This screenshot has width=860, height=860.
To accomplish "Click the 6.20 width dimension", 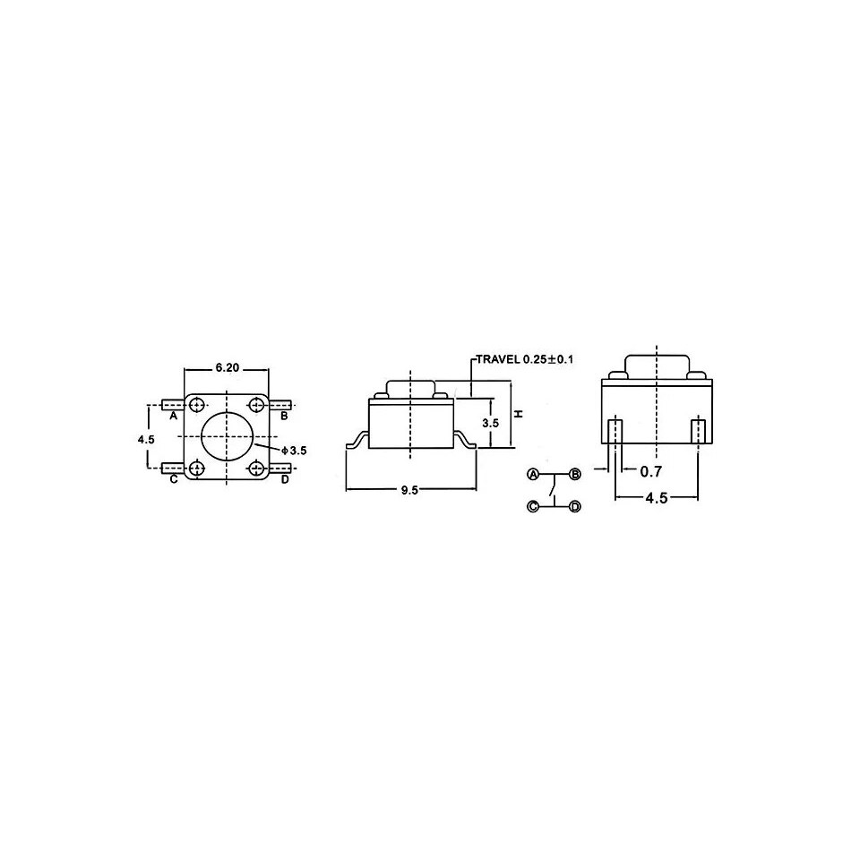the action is coord(227,367).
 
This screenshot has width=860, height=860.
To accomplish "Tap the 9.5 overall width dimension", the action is coord(409,490).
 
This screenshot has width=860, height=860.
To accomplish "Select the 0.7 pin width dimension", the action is coord(651,470).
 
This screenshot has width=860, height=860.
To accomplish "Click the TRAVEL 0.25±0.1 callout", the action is coord(524,360).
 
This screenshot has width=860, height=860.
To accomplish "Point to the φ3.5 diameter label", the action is coord(294,451).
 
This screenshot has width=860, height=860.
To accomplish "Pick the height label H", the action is coord(520,414).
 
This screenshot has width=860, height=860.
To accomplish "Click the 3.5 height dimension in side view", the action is coord(490,424).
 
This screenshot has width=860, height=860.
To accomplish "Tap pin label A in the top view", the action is coord(173,416).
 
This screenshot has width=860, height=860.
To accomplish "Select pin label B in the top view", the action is coord(284,416).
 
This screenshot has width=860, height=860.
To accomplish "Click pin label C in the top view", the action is coord(173,479).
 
